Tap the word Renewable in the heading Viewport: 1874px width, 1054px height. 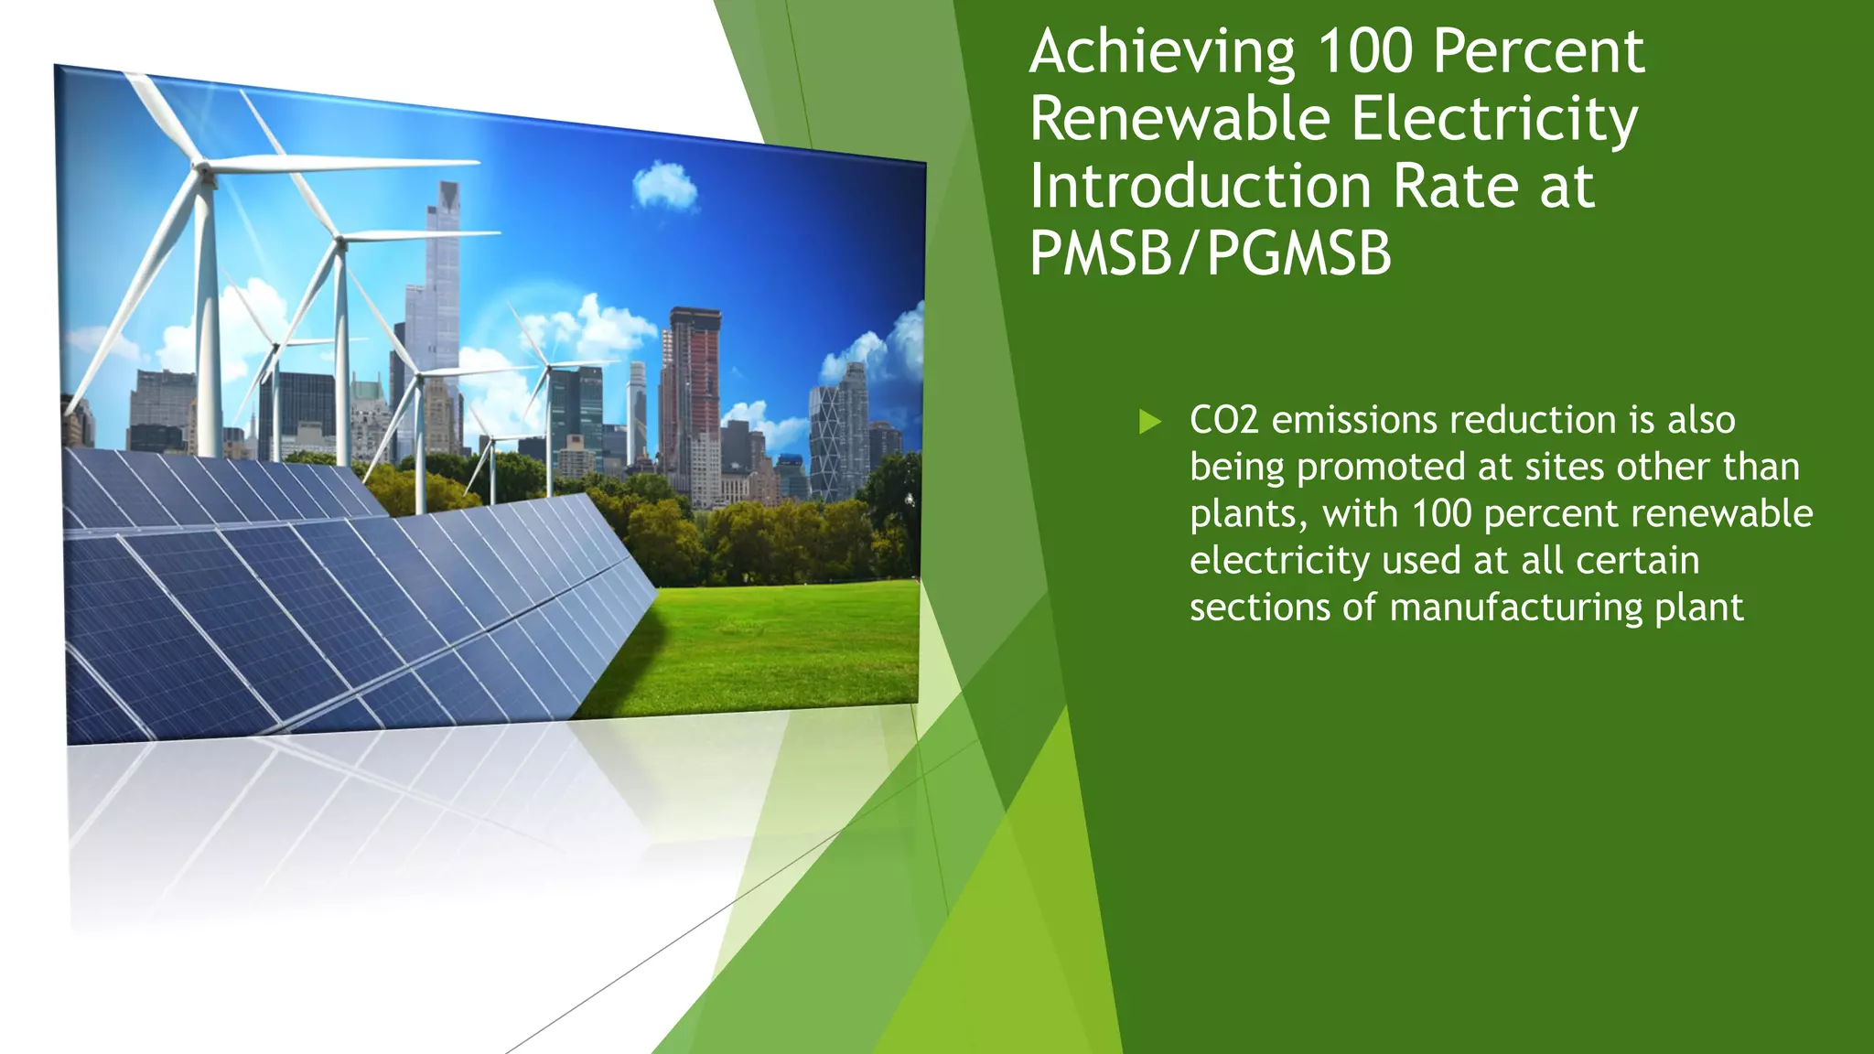click(1179, 119)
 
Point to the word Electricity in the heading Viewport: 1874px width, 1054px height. click(1493, 121)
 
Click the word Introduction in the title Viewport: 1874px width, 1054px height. click(1200, 187)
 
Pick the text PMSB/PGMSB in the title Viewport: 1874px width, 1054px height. click(1210, 253)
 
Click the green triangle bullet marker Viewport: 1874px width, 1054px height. click(1149, 422)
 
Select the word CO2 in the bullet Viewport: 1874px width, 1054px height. click(1223, 421)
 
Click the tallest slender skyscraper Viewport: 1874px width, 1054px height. click(446, 274)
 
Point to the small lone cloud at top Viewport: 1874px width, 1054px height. click(665, 186)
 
